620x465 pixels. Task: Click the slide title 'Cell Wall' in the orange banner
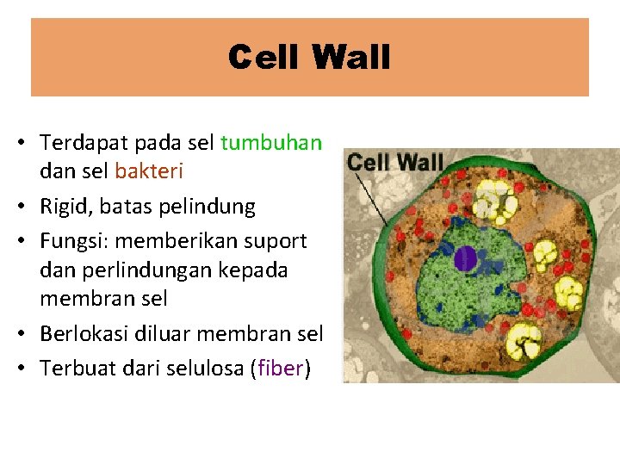point(309,58)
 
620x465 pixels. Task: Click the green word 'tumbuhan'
point(271,142)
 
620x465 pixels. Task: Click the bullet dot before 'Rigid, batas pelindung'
point(18,207)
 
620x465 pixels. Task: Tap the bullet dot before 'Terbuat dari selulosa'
point(18,369)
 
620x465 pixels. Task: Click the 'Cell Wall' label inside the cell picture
point(394,161)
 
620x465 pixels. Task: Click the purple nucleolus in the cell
point(466,258)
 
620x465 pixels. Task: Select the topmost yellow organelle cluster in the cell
point(496,199)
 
